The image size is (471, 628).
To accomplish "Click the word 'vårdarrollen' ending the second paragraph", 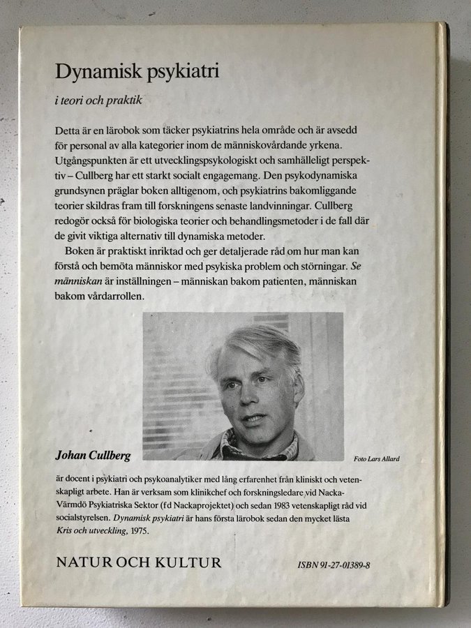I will tap(119, 295).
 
